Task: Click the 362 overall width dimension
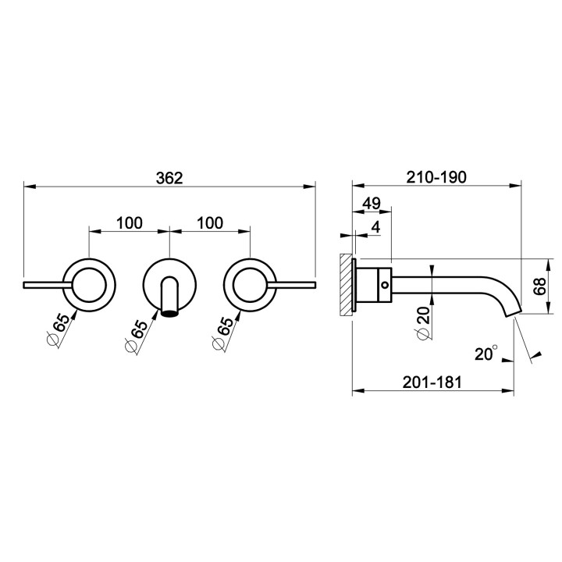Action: (169, 178)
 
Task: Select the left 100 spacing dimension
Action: (130, 223)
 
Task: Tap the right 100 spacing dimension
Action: (210, 223)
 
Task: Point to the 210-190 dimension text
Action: (436, 177)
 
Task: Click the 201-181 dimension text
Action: (432, 382)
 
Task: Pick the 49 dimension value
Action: (372, 204)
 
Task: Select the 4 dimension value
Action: (375, 226)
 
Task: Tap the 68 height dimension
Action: (539, 286)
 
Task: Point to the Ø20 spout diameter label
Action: (423, 322)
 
